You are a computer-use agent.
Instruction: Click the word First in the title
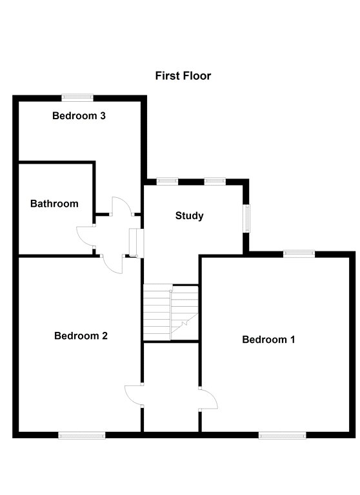[x=167, y=76]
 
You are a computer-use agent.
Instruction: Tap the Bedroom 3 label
[x=79, y=115]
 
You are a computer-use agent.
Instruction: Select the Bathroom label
[x=54, y=204]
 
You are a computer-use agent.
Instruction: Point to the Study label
[x=189, y=216]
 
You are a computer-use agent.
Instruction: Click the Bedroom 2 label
[x=81, y=336]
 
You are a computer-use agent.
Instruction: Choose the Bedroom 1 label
[x=268, y=340]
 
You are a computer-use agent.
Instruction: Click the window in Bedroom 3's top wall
[x=77, y=97]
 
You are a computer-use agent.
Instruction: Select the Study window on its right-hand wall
[x=246, y=218]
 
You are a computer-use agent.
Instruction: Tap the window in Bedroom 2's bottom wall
[x=81, y=435]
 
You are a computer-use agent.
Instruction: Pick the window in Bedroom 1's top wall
[x=299, y=253]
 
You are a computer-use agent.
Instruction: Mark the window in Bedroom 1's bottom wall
[x=282, y=435]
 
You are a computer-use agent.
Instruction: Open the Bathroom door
[x=85, y=236]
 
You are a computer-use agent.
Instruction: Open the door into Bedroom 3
[x=121, y=206]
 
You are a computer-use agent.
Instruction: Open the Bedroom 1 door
[x=208, y=400]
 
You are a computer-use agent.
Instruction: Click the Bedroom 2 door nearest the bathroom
[x=112, y=264]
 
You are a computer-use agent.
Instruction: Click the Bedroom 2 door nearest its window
[x=134, y=394]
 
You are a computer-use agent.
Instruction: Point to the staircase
[x=171, y=313]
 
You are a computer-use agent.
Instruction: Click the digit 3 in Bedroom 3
[x=103, y=115]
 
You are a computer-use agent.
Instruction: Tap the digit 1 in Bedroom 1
[x=292, y=340]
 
